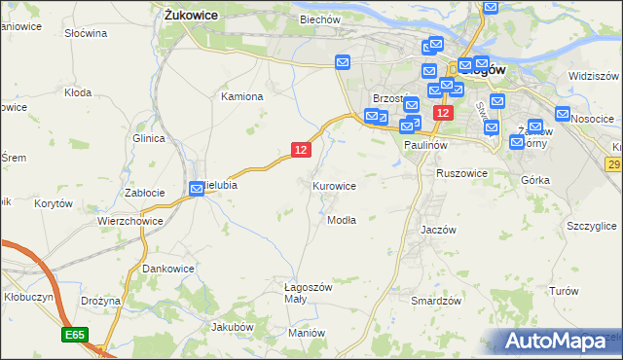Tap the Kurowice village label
click(x=334, y=185)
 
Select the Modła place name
click(x=342, y=220)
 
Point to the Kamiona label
click(x=242, y=96)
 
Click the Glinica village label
click(x=148, y=138)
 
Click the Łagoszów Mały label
click(x=308, y=293)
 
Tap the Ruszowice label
click(x=461, y=173)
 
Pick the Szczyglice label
click(x=591, y=225)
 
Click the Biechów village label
click(x=319, y=19)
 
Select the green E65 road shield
click(x=72, y=335)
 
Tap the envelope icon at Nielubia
click(x=197, y=190)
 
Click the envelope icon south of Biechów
click(x=343, y=63)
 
